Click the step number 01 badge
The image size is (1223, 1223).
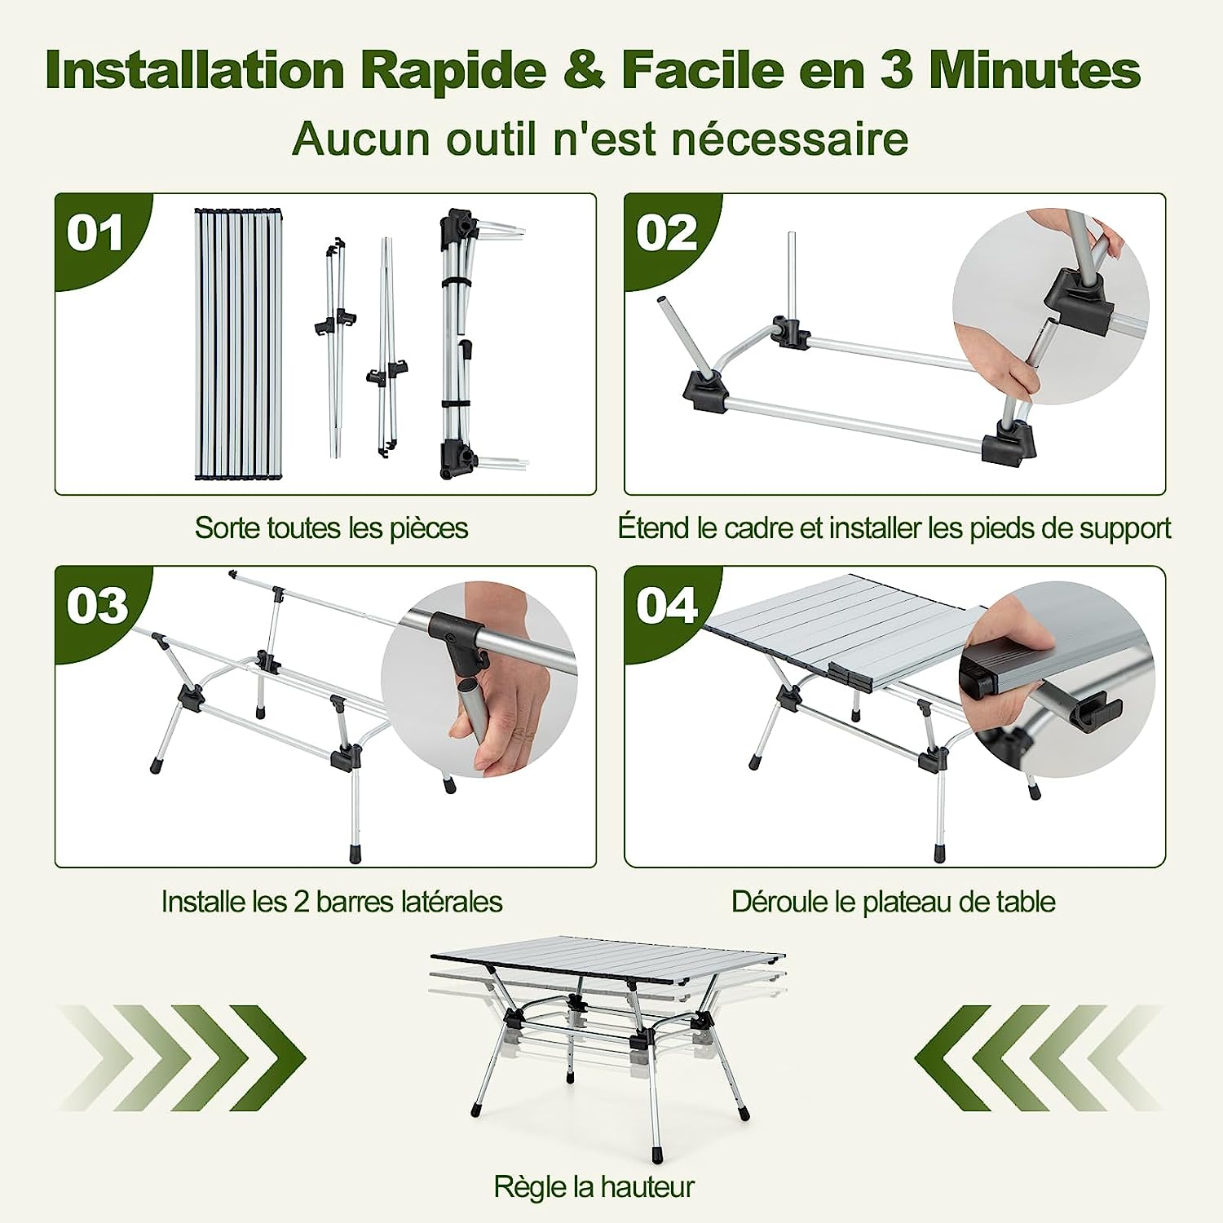click(96, 235)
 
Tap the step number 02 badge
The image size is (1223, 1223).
click(667, 235)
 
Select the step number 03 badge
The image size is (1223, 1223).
click(97, 607)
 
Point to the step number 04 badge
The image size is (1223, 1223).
click(667, 607)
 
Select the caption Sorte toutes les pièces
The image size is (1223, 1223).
click(331, 528)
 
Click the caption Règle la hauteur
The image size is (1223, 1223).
click(594, 1186)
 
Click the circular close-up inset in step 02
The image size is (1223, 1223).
click(1050, 306)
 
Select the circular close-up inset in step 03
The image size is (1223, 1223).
click(479, 679)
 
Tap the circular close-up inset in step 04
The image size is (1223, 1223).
click(1057, 679)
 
